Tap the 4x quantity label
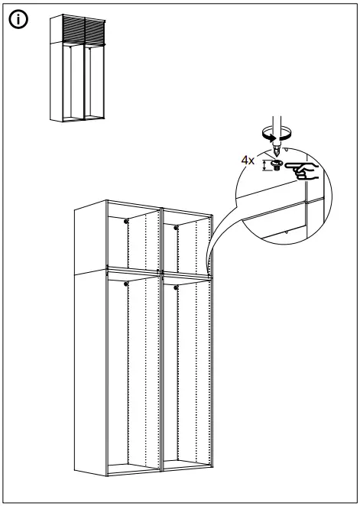click(x=247, y=161)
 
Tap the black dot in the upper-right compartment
click(x=177, y=226)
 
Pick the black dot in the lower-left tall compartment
click(x=125, y=284)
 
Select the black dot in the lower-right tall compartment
click(x=177, y=288)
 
